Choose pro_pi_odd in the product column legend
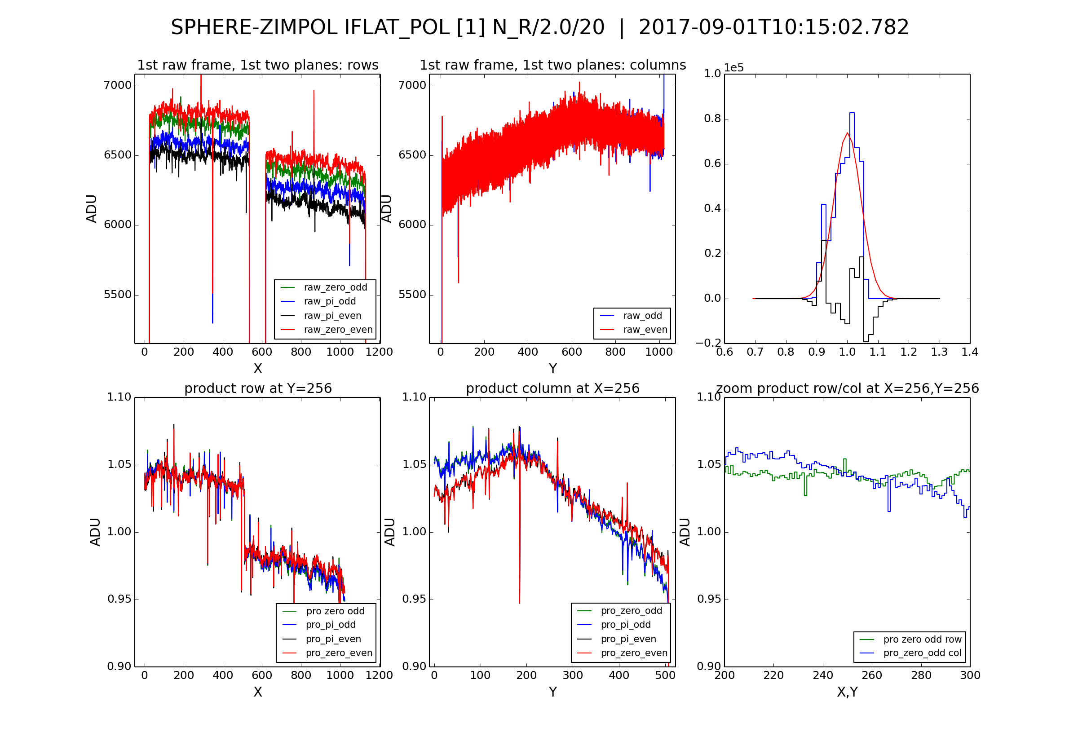coord(625,625)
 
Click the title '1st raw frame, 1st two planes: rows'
coord(258,65)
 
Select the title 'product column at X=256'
coord(552,388)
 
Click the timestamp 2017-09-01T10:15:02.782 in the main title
coord(773,27)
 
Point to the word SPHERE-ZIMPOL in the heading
coord(253,27)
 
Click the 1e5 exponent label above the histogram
coord(733,68)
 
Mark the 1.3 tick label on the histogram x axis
coord(939,352)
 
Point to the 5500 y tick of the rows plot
coord(118,295)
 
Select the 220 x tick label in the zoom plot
coord(773,675)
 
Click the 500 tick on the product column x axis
coord(665,675)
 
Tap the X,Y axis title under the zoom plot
coord(847,692)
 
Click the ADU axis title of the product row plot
coord(95,532)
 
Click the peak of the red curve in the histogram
coord(847,133)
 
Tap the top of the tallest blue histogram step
coord(852,113)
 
